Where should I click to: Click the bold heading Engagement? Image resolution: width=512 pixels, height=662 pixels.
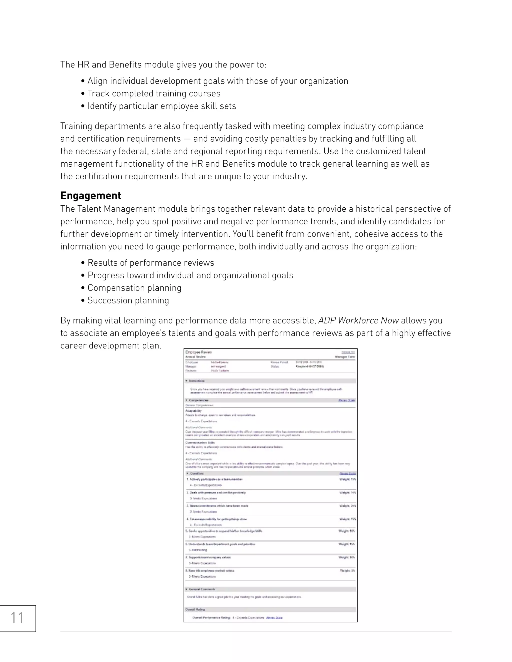[x=90, y=196]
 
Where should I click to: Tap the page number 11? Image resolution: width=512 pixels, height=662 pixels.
[x=17, y=618]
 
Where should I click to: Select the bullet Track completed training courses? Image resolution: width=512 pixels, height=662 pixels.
[x=154, y=93]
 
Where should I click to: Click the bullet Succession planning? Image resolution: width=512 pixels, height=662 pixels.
[x=128, y=300]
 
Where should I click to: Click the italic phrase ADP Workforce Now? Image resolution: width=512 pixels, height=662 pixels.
[x=358, y=321]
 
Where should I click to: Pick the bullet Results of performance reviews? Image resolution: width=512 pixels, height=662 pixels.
[x=151, y=263]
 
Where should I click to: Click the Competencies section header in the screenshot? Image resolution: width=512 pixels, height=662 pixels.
[x=199, y=400]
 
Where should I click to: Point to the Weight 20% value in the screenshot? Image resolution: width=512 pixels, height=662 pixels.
[x=347, y=506]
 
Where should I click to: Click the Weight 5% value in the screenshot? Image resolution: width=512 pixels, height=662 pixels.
[x=347, y=571]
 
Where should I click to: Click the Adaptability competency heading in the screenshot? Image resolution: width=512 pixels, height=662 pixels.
[x=193, y=411]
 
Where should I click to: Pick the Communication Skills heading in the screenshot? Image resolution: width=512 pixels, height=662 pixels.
[x=200, y=443]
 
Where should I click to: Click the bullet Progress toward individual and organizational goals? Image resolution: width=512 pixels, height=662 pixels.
[x=190, y=275]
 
